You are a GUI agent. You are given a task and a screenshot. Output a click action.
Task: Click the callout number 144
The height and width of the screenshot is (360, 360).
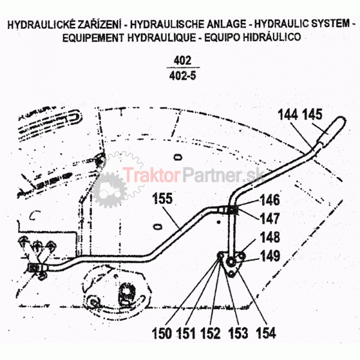point(289,114)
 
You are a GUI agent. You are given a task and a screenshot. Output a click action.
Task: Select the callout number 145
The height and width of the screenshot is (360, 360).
point(313,114)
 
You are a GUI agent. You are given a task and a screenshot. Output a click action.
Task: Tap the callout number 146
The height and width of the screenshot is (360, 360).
point(269,201)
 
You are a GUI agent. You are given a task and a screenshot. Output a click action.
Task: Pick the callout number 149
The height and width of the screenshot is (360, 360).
point(269,256)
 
